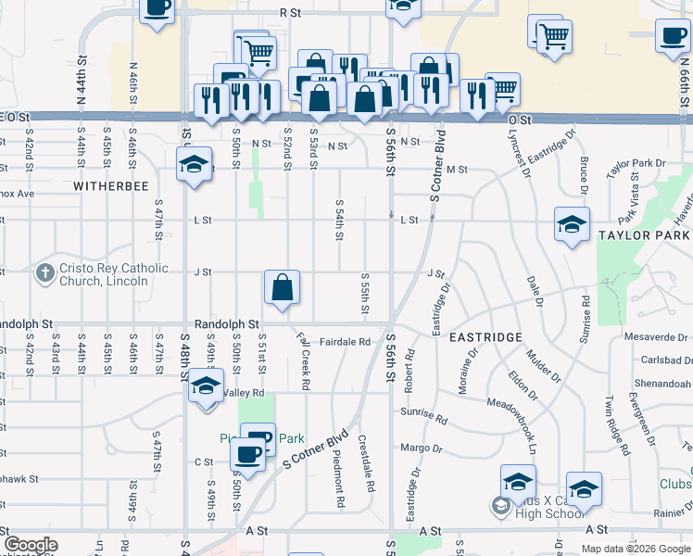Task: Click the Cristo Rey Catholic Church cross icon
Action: pos(44,273)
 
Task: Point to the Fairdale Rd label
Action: pos(345,342)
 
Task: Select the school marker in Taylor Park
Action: pos(572,224)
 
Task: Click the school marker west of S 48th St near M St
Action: pos(193,165)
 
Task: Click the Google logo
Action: pos(30,546)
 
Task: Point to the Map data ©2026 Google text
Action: pos(635,548)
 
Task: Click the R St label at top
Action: pos(290,13)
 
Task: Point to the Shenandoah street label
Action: pos(660,385)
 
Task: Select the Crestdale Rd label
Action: pos(369,462)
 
